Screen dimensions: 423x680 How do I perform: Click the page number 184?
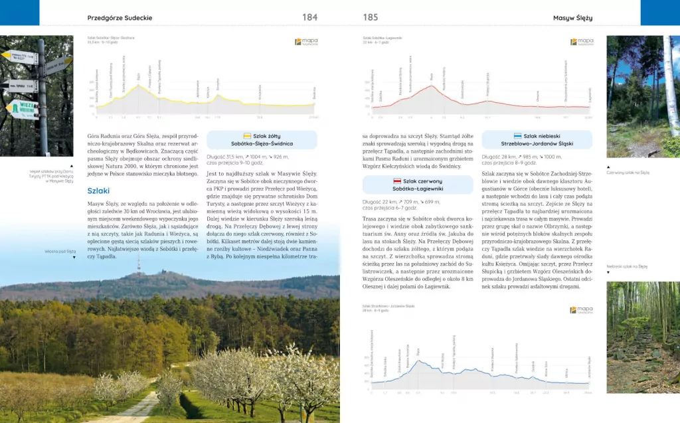[309, 17]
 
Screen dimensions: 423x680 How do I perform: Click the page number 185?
[370, 17]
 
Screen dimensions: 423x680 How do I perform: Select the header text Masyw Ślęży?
[572, 17]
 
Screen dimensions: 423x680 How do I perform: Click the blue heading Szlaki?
[98, 191]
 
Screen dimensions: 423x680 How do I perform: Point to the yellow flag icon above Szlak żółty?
[247, 135]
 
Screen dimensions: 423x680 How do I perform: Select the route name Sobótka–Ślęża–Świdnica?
[262, 143]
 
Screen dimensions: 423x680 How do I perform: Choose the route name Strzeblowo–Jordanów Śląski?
[547, 143]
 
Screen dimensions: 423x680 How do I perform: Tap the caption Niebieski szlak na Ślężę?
[628, 266]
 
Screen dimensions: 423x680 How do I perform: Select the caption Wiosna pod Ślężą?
[60, 252]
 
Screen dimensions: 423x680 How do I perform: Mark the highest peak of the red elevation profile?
[432, 86]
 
